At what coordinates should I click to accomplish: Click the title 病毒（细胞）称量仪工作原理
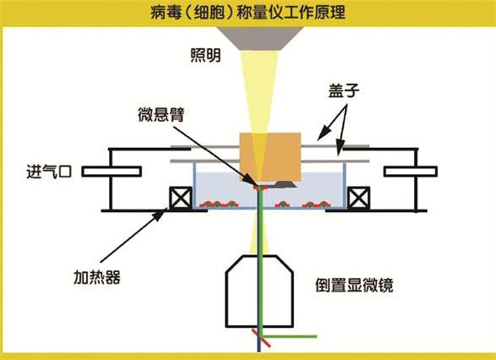coord(248,13)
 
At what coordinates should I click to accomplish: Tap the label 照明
coord(205,55)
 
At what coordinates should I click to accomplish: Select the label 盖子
coord(344,90)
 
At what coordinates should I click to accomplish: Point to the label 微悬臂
coord(161,115)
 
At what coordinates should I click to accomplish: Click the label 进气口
coord(49,172)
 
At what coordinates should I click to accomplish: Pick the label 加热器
coord(97,277)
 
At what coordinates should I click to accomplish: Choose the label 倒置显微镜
coord(354,285)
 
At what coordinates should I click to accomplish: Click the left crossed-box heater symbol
coord(181,198)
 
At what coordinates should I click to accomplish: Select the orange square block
coord(270,157)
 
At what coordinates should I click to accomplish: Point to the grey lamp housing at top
coord(259,39)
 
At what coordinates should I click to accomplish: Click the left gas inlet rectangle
coord(112,172)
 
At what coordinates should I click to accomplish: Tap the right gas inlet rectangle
coord(411,172)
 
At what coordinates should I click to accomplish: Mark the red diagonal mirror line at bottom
coord(261,339)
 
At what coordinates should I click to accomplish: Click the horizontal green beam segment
coord(288,336)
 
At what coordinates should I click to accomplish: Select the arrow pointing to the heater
coord(134,234)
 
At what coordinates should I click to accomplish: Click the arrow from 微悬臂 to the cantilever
coord(216,154)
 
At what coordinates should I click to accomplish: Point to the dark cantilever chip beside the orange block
coord(285,183)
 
